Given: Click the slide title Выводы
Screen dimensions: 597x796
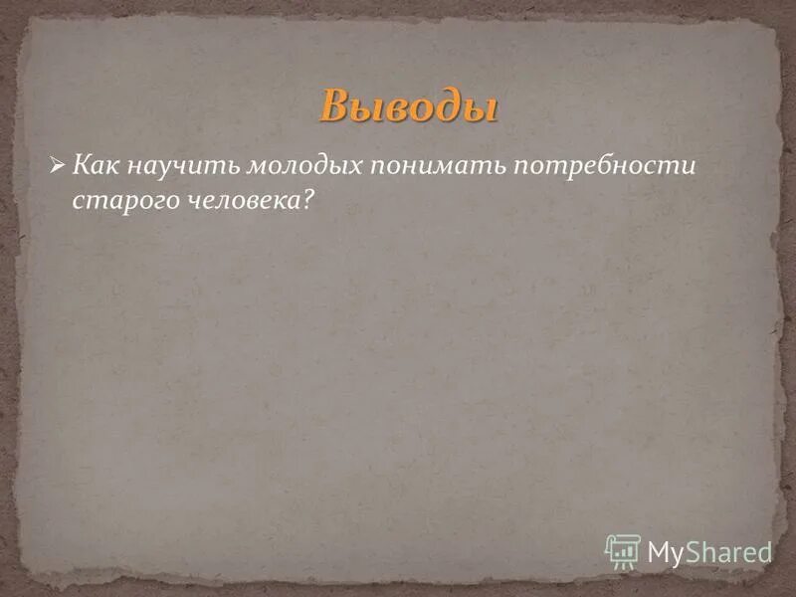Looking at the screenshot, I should (x=409, y=105).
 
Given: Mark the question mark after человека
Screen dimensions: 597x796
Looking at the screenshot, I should (x=308, y=200).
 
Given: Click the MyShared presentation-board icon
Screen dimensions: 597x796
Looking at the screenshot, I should (x=622, y=550).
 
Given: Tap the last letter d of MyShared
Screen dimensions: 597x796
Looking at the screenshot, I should (x=763, y=551).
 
